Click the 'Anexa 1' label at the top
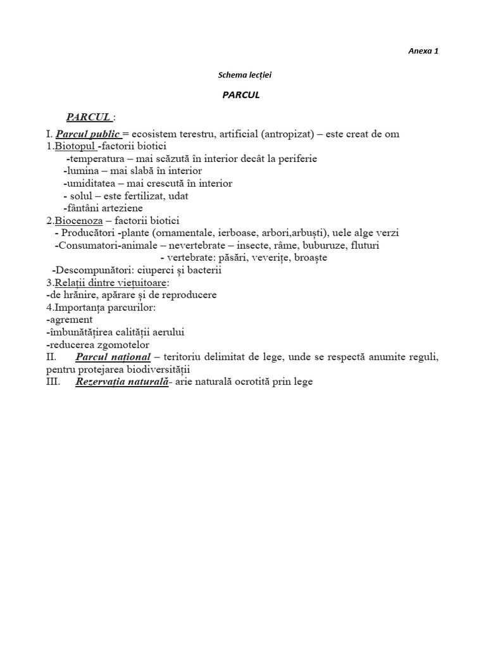(x=423, y=51)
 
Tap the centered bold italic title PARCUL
(x=241, y=96)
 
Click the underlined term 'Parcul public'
(x=87, y=134)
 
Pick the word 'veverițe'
(x=254, y=258)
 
